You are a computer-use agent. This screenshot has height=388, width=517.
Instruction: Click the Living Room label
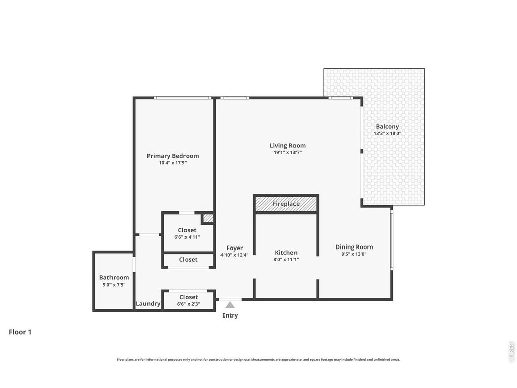[x=287, y=145]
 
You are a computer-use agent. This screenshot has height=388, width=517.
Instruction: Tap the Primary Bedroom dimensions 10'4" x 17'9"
[x=173, y=163]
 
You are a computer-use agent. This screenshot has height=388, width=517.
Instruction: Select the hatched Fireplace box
[x=286, y=204]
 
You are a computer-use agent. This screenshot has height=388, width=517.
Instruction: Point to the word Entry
[x=230, y=315]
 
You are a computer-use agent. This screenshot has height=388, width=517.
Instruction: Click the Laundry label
[x=148, y=303]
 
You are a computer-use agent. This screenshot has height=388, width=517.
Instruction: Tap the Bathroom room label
[x=114, y=277]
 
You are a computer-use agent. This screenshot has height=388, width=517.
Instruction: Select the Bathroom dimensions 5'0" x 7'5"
[x=114, y=285]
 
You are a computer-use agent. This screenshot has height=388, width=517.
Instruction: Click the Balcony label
[x=387, y=126]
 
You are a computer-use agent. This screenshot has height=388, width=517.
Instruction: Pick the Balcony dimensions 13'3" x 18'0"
[x=387, y=133]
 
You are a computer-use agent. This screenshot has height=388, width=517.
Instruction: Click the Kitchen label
[x=286, y=253]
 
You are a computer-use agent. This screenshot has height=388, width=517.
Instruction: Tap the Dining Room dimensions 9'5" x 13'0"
[x=354, y=254]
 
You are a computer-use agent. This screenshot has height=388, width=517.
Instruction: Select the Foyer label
[x=235, y=248]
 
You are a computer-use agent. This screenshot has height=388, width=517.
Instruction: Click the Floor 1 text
[x=20, y=332]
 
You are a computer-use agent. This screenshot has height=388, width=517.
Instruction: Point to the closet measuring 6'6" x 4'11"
[x=187, y=233]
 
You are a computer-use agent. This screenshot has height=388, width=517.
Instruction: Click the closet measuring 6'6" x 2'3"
[x=189, y=300]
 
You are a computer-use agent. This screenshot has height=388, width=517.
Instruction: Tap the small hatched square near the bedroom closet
[x=208, y=218]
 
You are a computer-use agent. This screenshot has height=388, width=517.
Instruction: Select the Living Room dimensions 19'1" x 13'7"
[x=287, y=153]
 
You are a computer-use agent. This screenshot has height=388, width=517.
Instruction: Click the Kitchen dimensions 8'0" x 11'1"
[x=286, y=259]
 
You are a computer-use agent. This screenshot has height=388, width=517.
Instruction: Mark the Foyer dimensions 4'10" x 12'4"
[x=235, y=255]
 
